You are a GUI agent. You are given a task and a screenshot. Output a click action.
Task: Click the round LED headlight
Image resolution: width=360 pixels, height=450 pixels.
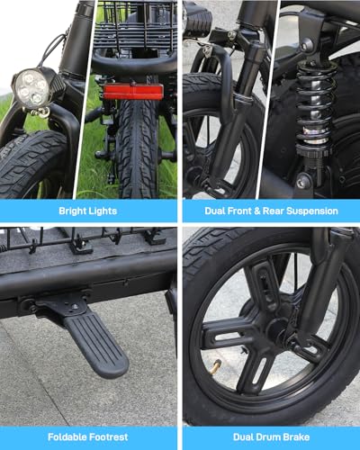click(31, 87)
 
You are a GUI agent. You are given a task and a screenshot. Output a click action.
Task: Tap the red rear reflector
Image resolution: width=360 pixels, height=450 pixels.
click(133, 92)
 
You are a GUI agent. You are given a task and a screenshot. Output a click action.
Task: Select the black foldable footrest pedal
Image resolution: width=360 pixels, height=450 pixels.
click(97, 345)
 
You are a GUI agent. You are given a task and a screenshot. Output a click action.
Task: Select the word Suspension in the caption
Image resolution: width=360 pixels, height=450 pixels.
click(312, 211)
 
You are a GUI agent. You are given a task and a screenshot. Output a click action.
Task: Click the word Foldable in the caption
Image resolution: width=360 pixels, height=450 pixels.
click(66, 437)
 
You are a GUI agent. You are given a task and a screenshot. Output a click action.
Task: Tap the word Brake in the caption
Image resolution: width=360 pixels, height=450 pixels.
click(295, 437)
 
